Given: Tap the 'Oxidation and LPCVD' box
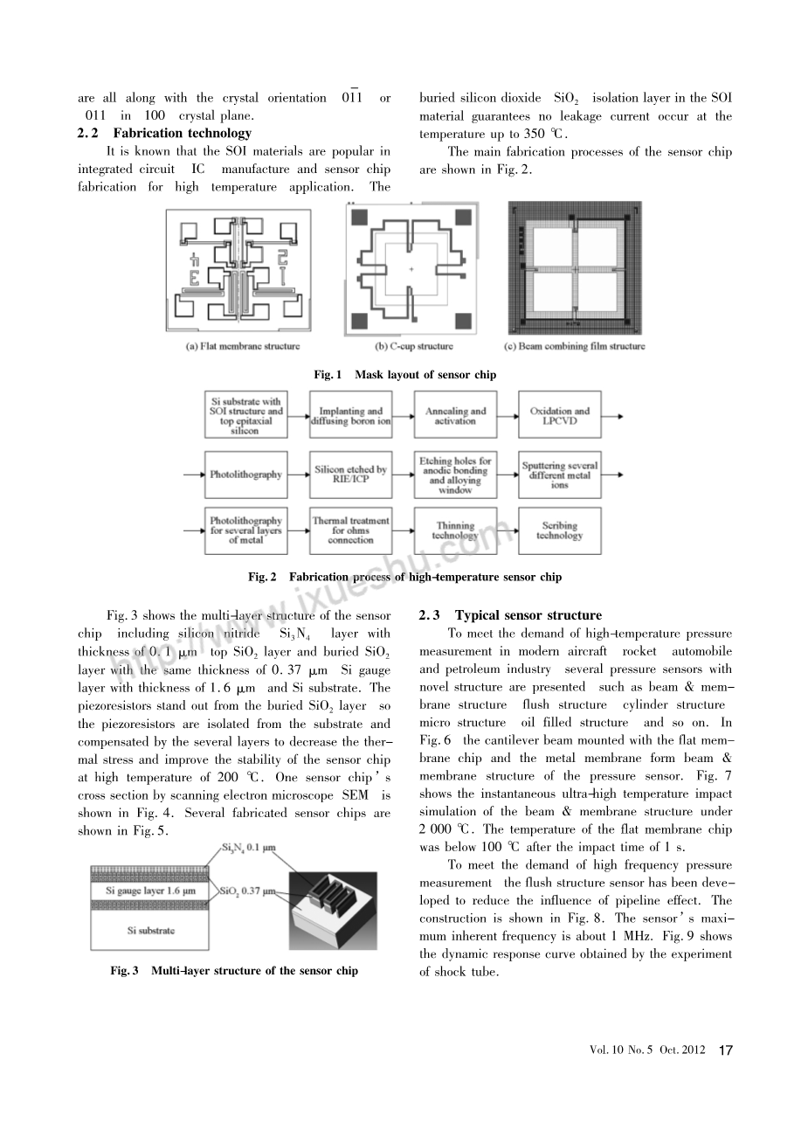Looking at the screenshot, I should point(559,416).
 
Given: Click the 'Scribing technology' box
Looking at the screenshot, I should point(559,530).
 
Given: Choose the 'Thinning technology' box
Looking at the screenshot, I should point(455,531).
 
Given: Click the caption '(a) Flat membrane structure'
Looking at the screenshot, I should point(243,347).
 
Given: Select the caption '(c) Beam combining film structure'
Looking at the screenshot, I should point(577,347).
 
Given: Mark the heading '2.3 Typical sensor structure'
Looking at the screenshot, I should point(510,615).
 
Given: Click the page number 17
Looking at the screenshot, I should point(725,1050).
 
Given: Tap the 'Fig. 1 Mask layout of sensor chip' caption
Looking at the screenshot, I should point(404,375).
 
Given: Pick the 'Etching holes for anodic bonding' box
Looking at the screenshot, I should point(455,475).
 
